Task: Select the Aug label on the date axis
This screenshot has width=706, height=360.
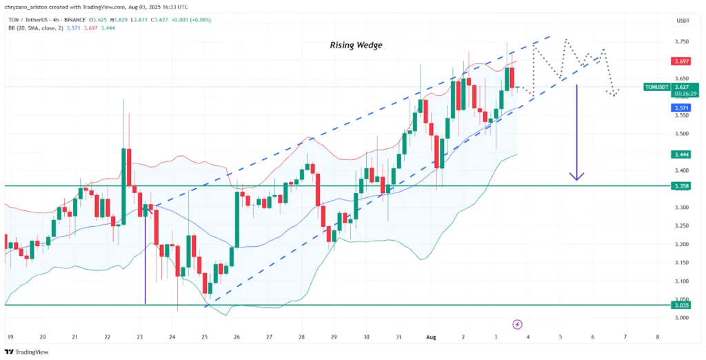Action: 432,337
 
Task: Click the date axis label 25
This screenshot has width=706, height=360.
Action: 205,337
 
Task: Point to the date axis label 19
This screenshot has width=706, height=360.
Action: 10,337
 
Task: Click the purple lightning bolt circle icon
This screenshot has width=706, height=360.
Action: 517,323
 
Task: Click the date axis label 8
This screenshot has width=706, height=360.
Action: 658,337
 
